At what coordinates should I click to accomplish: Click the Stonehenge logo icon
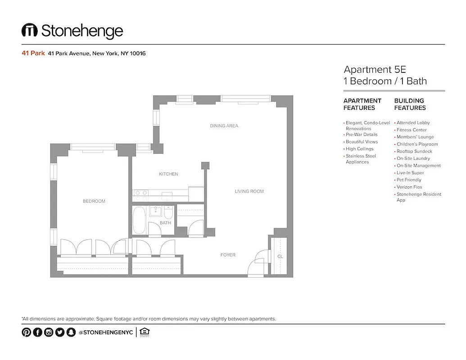tap(29, 31)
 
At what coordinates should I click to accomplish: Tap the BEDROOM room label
tap(94, 201)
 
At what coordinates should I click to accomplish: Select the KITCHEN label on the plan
tap(168, 174)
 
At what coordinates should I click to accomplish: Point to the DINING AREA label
tap(224, 126)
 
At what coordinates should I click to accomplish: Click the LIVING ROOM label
tap(249, 192)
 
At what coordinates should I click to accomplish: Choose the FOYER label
tap(228, 255)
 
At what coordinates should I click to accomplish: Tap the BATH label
tap(165, 223)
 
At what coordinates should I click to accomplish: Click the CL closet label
tap(280, 256)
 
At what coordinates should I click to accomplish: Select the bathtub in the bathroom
tap(139, 220)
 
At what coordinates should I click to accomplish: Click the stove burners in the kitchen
tap(141, 195)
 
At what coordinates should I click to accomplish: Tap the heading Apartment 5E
tap(375, 70)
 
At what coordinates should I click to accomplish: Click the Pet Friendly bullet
tap(409, 180)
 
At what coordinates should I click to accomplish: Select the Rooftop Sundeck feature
tap(414, 151)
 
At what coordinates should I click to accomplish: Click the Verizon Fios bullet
tap(409, 187)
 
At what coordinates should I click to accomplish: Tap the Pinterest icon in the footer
tap(26, 333)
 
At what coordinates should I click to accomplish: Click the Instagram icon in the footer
tap(49, 333)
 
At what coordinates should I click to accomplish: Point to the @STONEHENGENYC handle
tap(105, 333)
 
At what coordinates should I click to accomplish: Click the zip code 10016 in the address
tap(138, 54)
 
